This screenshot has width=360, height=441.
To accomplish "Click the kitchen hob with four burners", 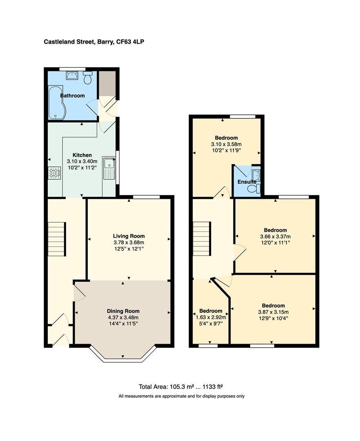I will click(55, 174).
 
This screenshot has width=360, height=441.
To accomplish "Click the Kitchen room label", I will click(82, 155).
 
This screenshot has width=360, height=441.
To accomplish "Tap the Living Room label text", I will click(129, 236).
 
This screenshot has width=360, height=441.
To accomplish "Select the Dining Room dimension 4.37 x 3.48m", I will click(123, 317).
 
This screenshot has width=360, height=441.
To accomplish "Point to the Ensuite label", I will click(247, 182).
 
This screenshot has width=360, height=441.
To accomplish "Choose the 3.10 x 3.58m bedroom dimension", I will click(226, 144).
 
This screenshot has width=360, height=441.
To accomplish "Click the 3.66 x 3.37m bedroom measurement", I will click(275, 236).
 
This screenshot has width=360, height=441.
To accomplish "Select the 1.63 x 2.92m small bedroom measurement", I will click(211, 317).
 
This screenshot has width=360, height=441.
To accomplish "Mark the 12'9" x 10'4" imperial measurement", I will click(273, 318).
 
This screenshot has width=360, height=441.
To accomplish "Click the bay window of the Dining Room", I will click(123, 358).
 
